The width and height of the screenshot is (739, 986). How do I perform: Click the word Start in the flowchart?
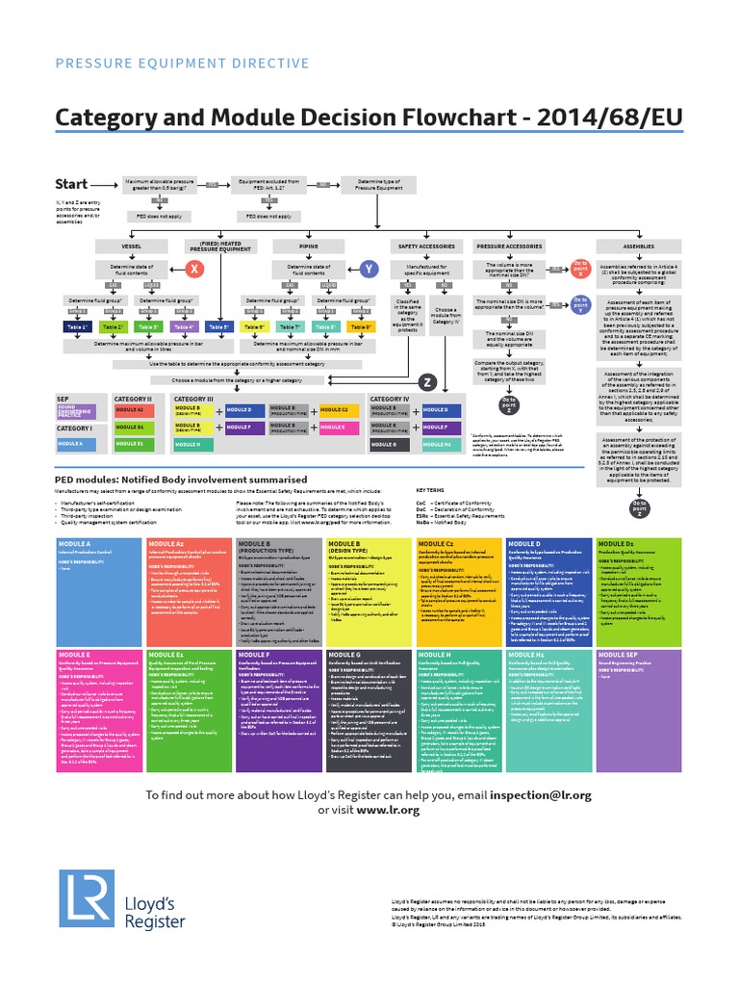point(73,184)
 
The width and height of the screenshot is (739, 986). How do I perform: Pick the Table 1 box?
point(77,327)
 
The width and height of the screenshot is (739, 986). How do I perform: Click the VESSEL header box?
point(132,246)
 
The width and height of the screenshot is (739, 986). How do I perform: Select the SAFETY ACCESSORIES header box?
point(426,246)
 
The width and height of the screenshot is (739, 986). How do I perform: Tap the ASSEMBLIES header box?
point(638,246)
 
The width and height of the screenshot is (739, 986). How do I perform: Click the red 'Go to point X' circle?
point(581,267)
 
